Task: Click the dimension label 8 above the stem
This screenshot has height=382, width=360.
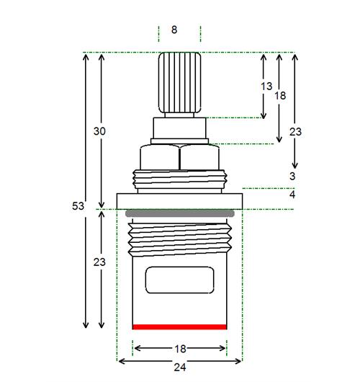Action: click(174, 30)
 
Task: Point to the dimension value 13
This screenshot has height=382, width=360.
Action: click(266, 86)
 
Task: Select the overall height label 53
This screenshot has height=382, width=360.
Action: click(78, 206)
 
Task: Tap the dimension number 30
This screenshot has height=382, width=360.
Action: click(99, 131)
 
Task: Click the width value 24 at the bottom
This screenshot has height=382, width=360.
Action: click(180, 367)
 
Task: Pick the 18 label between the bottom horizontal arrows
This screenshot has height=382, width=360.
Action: click(181, 349)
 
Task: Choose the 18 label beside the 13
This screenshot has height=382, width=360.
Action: click(280, 95)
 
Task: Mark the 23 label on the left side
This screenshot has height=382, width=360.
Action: click(99, 262)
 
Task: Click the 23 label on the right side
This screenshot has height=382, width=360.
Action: click(295, 132)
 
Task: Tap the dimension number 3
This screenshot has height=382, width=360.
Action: click(292, 176)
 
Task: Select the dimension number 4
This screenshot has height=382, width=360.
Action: click(292, 195)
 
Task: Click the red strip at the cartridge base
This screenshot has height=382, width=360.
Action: click(179, 327)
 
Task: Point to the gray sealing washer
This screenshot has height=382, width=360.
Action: click(180, 213)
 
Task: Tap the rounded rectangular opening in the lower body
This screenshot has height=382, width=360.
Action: click(179, 280)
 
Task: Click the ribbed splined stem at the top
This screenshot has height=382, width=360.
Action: click(179, 83)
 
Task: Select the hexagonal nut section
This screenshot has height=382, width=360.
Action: click(179, 157)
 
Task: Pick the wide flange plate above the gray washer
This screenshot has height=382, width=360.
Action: click(179, 201)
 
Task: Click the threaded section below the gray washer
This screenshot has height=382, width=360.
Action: click(179, 240)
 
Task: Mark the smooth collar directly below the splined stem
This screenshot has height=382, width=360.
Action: click(179, 128)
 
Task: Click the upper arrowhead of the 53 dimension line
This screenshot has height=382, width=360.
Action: click(86, 57)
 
